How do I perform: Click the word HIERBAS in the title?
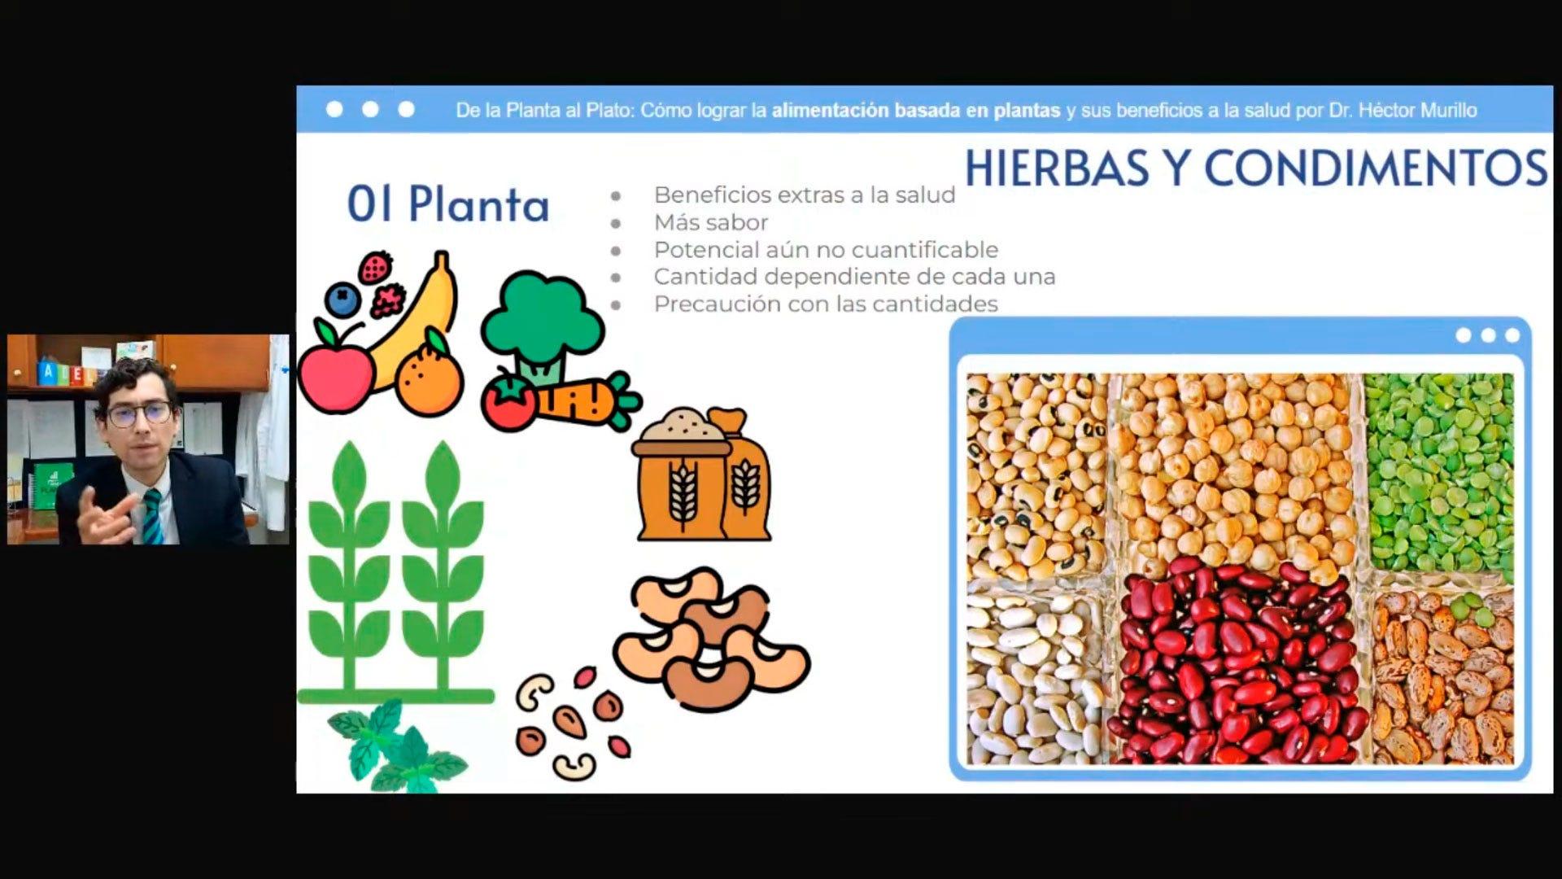(1057, 168)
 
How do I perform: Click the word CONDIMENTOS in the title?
(1376, 168)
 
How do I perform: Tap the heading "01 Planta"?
(448, 203)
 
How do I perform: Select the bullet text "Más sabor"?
(711, 222)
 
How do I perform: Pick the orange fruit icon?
(430, 378)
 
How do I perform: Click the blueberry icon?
(343, 299)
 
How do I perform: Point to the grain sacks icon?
(702, 474)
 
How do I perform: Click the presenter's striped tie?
(152, 516)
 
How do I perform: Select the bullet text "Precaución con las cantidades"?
(826, 304)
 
